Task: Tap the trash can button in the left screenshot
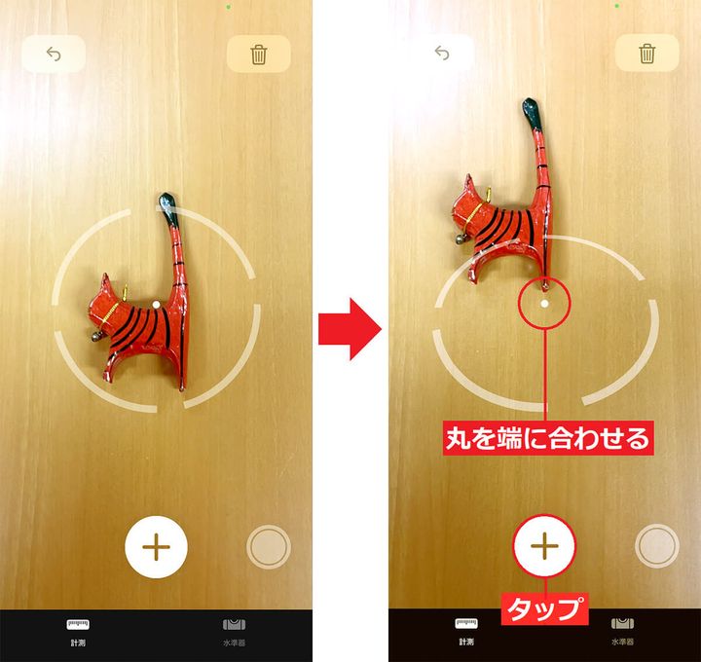(258, 55)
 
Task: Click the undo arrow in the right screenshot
(443, 54)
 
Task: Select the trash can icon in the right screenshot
(646, 54)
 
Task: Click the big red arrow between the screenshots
(350, 330)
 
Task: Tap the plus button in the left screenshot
(156, 547)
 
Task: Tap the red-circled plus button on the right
(544, 547)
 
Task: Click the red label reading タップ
(545, 610)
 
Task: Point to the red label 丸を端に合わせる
(546, 438)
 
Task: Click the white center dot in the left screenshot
(156, 304)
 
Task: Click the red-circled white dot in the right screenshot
(545, 303)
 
